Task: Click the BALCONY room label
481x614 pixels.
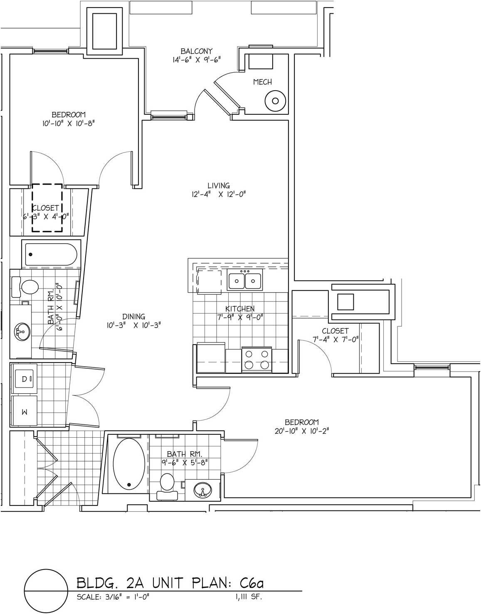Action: coord(196,51)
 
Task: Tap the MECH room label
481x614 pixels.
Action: coord(262,82)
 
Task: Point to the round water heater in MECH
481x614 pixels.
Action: coord(275,101)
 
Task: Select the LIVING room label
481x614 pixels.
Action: coord(219,186)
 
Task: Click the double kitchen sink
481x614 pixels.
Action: coord(245,279)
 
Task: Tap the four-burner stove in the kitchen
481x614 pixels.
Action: coord(257,360)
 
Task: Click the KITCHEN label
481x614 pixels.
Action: coord(240,308)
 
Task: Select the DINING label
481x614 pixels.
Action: coord(133,316)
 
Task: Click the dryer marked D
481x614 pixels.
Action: coord(24,379)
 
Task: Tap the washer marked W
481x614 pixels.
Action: coord(24,411)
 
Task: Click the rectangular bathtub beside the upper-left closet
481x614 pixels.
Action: coord(51,254)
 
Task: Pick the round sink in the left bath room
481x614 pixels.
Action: coord(22,331)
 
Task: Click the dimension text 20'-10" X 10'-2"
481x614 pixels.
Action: coord(302,431)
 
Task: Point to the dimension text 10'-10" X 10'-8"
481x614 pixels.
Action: coord(68,123)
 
